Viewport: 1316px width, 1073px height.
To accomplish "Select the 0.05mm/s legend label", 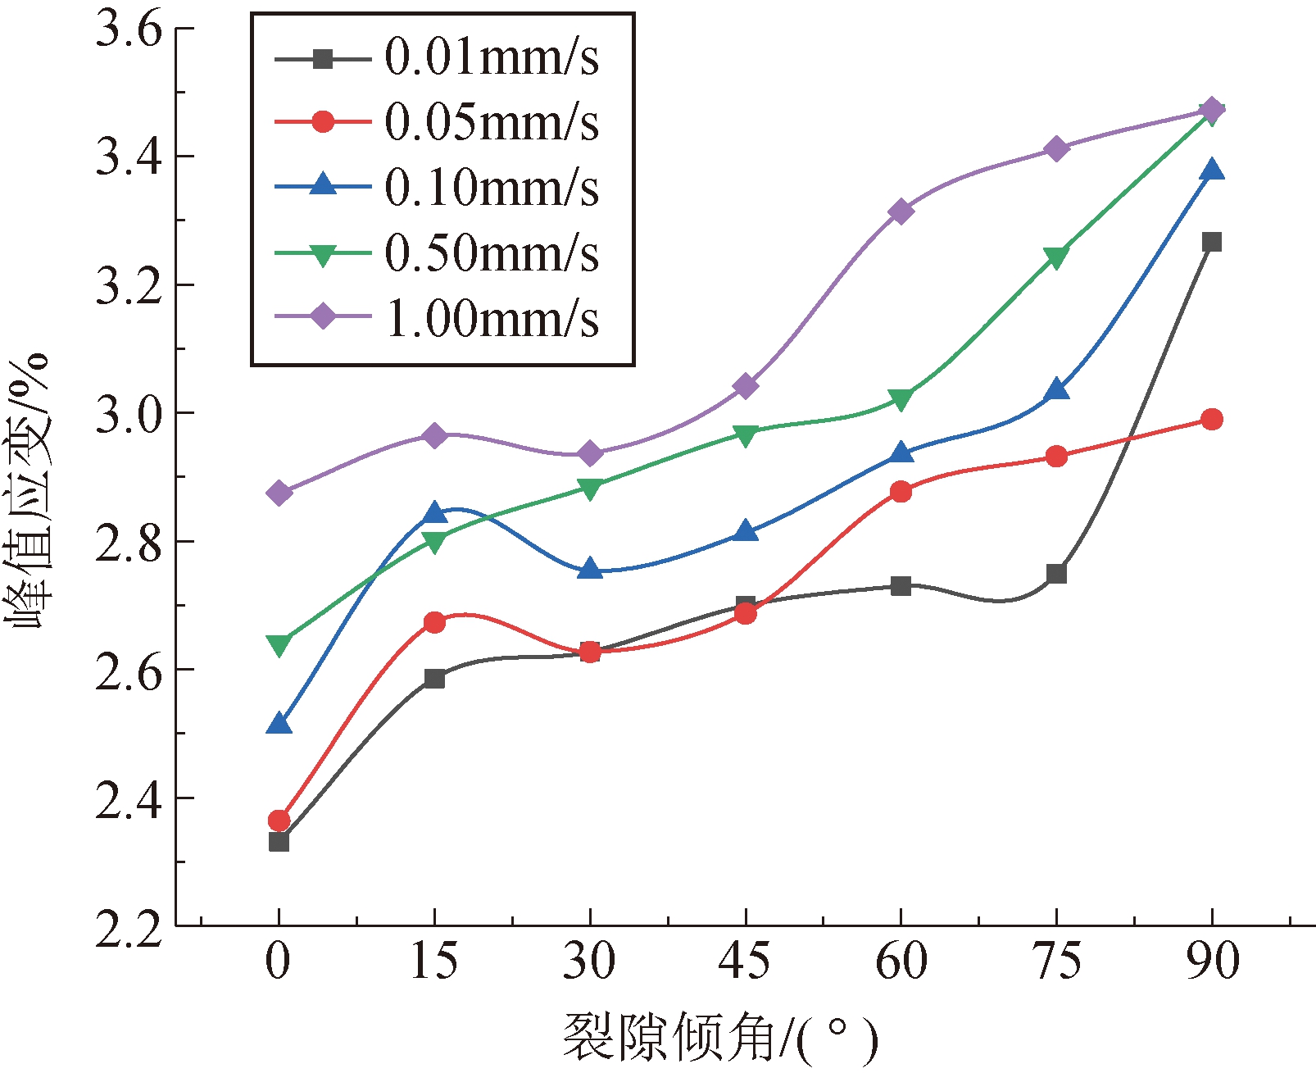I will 491,123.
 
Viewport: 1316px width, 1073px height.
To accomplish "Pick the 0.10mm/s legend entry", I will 491,188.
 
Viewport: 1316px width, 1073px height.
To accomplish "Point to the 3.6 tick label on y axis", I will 129,30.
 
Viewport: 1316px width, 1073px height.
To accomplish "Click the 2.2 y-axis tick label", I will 129,930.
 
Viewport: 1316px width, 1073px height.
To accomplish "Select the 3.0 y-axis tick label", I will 129,415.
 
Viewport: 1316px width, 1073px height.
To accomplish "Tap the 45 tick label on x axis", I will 744,961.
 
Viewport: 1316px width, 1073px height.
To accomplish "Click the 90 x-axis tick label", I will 1212,961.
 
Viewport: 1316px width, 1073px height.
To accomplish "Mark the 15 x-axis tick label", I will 433,961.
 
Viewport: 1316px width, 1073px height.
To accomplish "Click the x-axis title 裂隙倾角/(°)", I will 719,1038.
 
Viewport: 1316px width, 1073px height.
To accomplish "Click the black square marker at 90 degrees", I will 1211,242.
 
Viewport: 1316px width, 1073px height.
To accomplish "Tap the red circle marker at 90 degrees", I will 1211,420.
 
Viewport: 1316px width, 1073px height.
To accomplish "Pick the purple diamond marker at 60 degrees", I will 901,211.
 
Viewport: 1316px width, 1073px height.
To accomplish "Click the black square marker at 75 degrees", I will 1056,574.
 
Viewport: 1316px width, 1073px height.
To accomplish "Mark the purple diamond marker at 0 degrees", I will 279,493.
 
